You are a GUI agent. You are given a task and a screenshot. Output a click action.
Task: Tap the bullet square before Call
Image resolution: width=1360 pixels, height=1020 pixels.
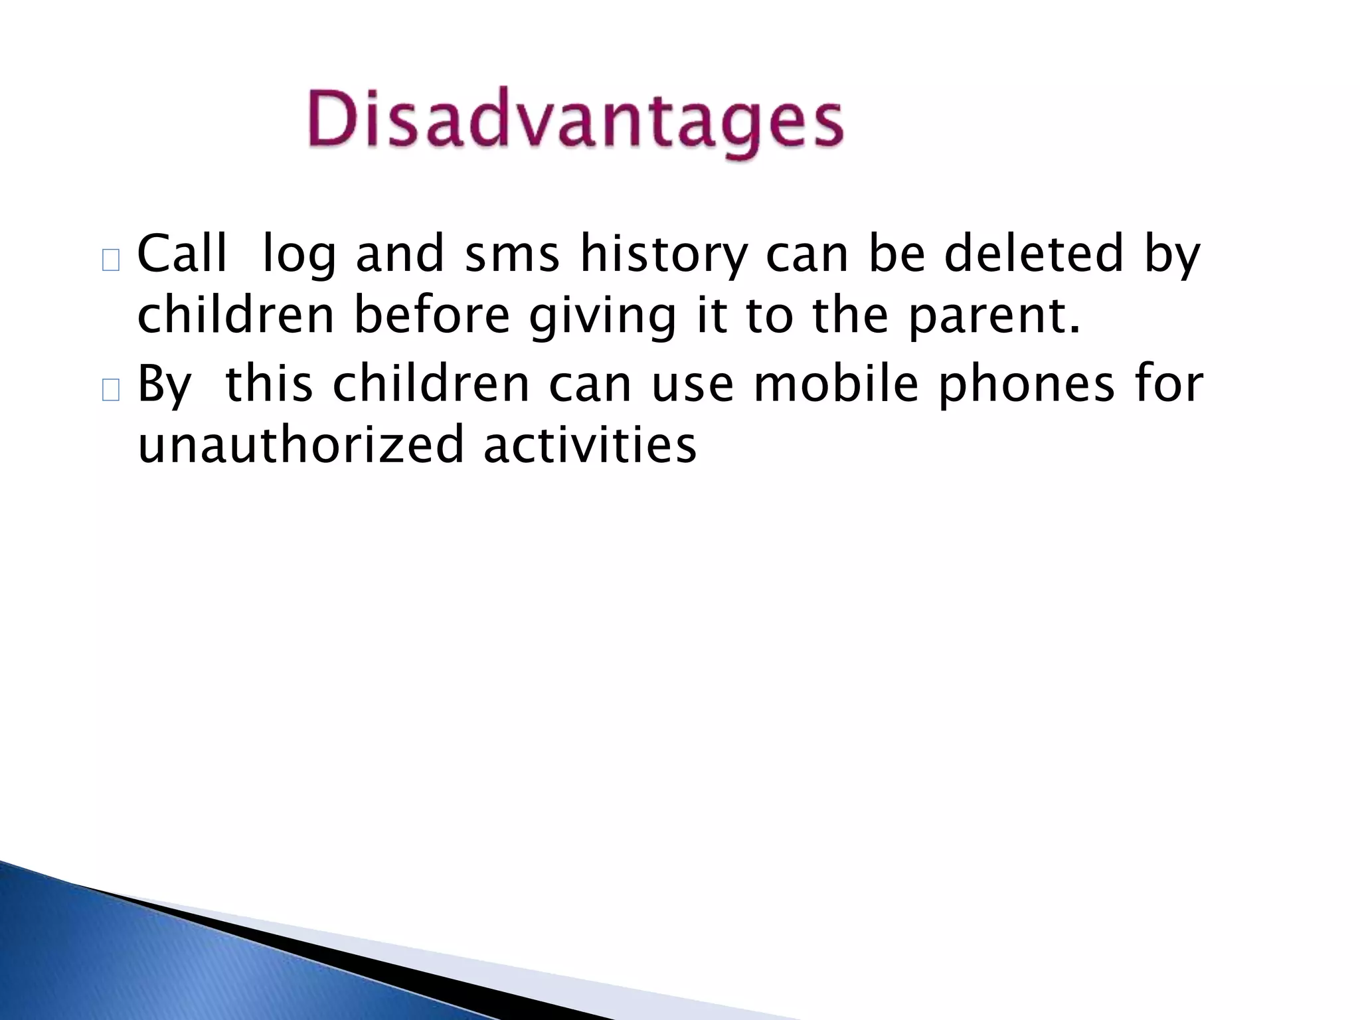tap(111, 261)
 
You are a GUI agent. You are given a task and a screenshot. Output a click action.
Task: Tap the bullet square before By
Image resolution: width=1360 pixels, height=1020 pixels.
tap(111, 392)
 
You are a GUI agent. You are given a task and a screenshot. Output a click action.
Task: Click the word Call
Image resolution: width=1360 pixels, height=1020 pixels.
tap(181, 254)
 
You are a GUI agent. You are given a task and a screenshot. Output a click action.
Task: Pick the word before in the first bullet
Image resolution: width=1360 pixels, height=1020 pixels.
tap(432, 315)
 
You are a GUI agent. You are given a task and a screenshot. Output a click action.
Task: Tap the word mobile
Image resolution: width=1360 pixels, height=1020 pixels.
tap(835, 384)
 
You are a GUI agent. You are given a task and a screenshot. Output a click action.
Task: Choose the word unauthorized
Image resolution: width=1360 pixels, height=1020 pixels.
tap(300, 445)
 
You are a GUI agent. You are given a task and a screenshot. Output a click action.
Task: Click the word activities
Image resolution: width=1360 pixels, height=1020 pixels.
tap(590, 445)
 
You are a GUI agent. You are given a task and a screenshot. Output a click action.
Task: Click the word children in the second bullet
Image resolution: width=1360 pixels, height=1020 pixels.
tap(430, 384)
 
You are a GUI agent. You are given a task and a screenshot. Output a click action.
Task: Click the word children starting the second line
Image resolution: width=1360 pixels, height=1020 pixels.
tap(235, 315)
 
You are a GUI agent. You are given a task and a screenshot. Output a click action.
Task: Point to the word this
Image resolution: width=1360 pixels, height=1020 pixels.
tap(269, 384)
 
